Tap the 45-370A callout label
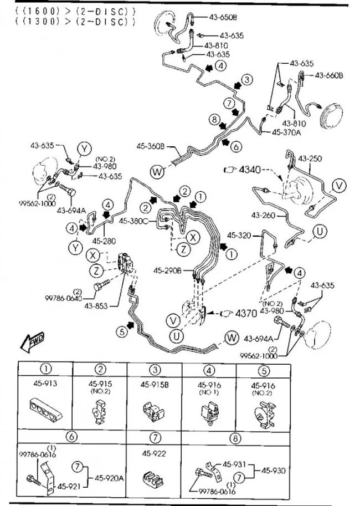coord(287,132)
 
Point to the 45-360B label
coord(150,146)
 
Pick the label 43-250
coord(310,159)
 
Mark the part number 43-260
coord(264,215)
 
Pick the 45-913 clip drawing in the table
coord(46,411)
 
